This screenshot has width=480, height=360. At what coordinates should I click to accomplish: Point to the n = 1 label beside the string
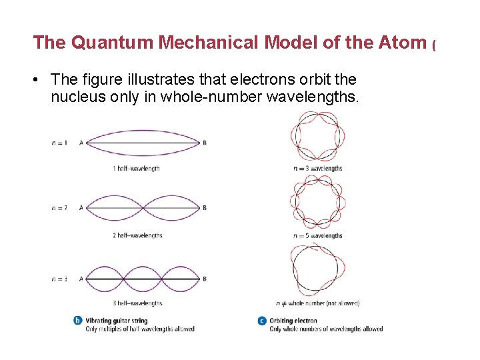[x=59, y=143]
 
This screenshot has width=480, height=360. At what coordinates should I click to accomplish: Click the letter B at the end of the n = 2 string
[x=205, y=208]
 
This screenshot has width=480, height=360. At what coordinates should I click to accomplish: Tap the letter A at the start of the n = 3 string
[x=81, y=279]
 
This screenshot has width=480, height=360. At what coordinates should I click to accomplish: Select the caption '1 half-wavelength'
[x=136, y=169]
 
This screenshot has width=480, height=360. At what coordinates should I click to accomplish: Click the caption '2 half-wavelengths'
[x=137, y=235]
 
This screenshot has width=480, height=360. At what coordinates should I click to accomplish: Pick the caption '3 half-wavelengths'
[x=137, y=303]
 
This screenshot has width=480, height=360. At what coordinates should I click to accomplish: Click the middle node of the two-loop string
[x=143, y=208]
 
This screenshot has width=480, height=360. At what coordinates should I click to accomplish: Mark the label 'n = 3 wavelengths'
[x=318, y=168]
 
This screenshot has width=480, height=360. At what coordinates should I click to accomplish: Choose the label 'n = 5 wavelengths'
[x=318, y=235]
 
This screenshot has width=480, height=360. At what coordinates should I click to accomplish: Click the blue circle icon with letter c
[x=262, y=321]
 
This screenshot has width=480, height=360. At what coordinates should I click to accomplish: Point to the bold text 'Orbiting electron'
[x=293, y=321]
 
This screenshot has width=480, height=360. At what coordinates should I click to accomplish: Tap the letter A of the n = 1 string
[x=81, y=143]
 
